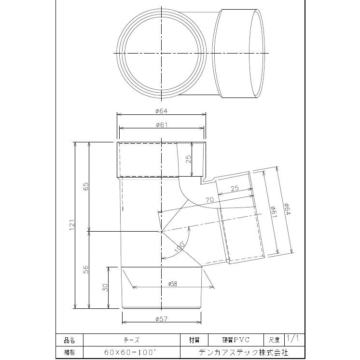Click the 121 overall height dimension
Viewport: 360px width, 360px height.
tap(71, 224)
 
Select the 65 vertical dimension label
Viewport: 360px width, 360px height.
tap(85, 187)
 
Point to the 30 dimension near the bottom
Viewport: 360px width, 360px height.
tap(105, 287)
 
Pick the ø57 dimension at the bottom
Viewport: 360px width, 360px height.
tap(161, 319)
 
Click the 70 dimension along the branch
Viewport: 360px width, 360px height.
tap(209, 199)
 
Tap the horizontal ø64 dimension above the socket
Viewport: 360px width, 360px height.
tap(161, 111)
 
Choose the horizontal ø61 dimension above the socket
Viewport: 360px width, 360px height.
tap(161, 125)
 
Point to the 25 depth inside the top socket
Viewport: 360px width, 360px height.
tap(189, 158)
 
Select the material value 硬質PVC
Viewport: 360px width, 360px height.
tap(235, 340)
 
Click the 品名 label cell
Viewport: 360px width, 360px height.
tap(69, 340)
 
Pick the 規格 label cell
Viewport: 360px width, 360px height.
tap(69, 352)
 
